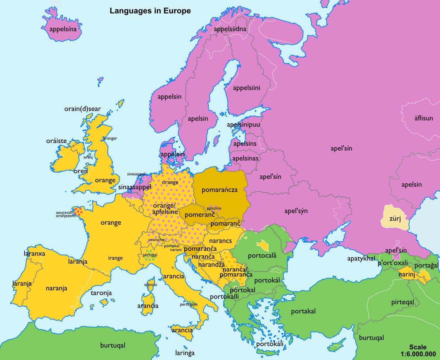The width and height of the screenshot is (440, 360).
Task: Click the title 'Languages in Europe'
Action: click(150, 11)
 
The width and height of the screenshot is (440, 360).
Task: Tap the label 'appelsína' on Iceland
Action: click(63, 29)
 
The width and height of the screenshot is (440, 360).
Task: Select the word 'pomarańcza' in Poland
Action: click(219, 190)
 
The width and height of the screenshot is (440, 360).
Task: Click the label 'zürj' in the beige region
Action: click(395, 219)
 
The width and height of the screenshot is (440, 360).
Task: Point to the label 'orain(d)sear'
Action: click(82, 109)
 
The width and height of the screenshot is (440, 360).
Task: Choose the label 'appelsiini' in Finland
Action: click(246, 88)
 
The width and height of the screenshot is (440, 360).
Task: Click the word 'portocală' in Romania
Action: click(262, 256)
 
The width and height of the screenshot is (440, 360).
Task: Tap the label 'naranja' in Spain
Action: click(56, 288)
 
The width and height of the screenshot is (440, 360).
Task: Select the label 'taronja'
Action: click(101, 293)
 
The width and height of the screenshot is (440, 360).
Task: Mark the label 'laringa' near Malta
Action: click(185, 353)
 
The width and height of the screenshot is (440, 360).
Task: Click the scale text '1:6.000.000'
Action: click(418, 354)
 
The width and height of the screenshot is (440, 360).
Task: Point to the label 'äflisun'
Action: click(424, 118)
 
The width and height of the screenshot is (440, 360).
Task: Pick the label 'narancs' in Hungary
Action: click(220, 241)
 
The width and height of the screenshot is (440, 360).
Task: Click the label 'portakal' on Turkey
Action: click(303, 311)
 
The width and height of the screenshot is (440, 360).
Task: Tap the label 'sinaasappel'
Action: click(135, 187)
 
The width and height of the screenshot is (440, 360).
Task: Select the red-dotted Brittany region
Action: click(78, 211)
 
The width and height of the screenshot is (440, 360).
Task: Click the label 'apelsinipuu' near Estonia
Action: click(243, 125)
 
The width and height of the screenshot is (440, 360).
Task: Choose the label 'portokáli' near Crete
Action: click(270, 344)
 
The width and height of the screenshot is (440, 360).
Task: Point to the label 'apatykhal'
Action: click(361, 259)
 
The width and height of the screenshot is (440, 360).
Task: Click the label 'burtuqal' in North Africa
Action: click(113, 345)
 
